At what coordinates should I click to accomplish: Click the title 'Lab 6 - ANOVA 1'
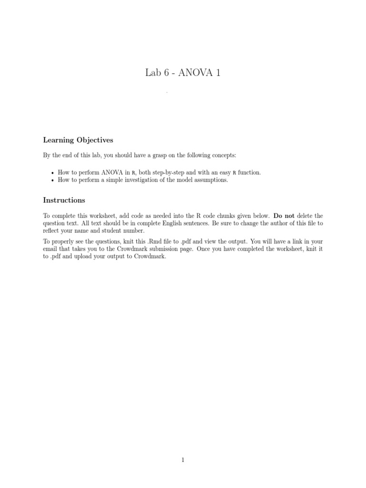[183, 73]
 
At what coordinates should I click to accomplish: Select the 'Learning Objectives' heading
[78, 140]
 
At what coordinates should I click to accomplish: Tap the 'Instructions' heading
[64, 200]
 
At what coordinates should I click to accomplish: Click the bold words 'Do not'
[284, 215]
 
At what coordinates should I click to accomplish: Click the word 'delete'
[305, 215]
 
